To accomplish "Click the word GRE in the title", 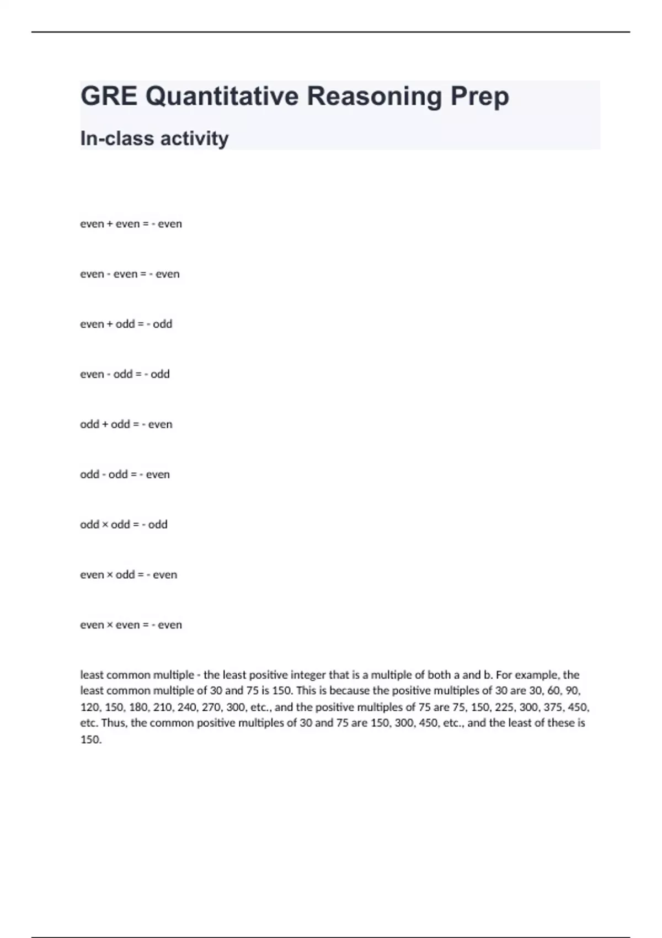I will click(109, 97).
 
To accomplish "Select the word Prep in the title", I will click(479, 97).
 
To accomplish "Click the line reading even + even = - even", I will click(131, 224).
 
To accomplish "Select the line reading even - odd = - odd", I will click(125, 374).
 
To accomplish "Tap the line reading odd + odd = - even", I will click(126, 424).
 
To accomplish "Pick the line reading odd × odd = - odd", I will click(124, 525).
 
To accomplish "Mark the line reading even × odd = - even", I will click(129, 575).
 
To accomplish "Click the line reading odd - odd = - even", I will click(125, 475).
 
